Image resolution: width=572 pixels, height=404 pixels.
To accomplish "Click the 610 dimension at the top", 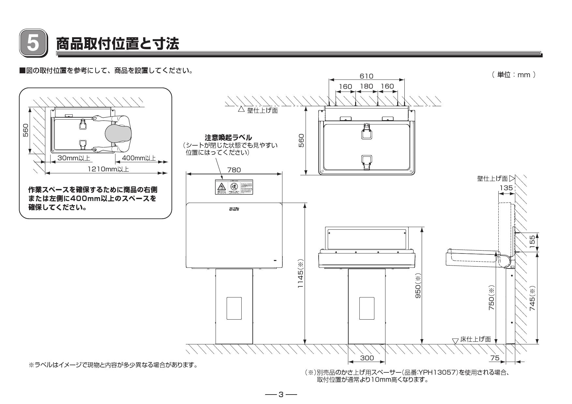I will [366, 76].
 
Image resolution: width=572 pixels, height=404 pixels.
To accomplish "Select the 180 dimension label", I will [366, 87].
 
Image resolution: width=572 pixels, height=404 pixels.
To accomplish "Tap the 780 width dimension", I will [234, 170].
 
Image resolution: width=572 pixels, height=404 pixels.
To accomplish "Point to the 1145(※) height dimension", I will [300, 274].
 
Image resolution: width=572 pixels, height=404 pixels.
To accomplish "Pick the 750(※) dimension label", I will [491, 298].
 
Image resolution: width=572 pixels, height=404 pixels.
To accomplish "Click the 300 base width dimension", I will [367, 358].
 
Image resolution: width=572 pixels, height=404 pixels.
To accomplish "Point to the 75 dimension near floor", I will [495, 358].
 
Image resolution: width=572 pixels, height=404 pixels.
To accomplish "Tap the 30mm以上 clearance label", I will [73, 158].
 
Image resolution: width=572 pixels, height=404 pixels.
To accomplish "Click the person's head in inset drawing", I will [118, 134].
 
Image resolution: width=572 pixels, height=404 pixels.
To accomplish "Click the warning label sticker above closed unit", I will [234, 187].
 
